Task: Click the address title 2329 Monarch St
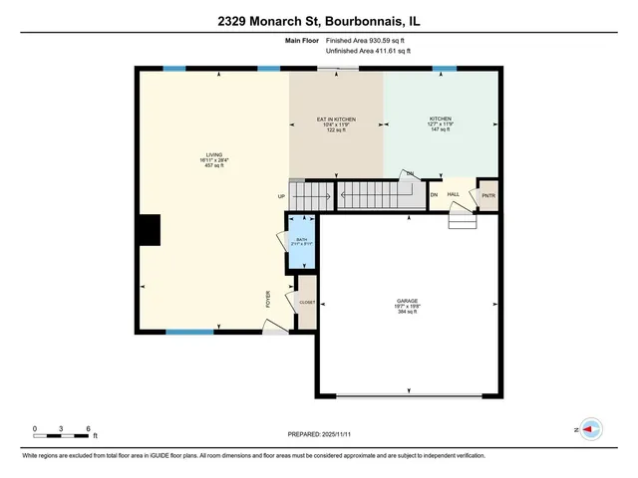tap(319, 20)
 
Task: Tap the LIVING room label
tap(210, 159)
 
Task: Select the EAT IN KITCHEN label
tap(336, 124)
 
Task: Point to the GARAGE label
tap(406, 305)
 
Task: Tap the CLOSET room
tap(307, 301)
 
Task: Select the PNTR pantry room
tap(487, 195)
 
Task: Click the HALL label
tap(453, 195)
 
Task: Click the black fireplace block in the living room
tap(149, 230)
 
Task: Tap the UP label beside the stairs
tap(281, 196)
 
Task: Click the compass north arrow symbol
tap(591, 429)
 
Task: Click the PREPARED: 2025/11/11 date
tap(319, 435)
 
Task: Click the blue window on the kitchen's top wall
tap(444, 68)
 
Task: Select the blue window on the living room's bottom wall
tap(189, 332)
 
